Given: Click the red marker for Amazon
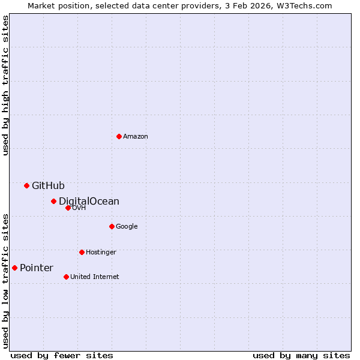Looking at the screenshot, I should pyautogui.click(x=119, y=136).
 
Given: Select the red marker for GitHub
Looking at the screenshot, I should pyautogui.click(x=26, y=185).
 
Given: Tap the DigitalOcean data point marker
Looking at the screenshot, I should pyautogui.click(x=53, y=201).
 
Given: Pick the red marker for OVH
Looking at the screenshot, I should pyautogui.click(x=68, y=208).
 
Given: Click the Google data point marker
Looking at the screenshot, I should pyautogui.click(x=112, y=226).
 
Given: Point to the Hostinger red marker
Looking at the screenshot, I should pyautogui.click(x=82, y=252).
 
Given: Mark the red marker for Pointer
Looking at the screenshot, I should pyautogui.click(x=14, y=268).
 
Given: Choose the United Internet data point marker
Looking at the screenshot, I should pyautogui.click(x=66, y=277).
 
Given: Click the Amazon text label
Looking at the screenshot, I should pyautogui.click(x=136, y=137).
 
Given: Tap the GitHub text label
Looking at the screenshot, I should pyautogui.click(x=48, y=186).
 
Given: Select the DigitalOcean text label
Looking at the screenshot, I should pyautogui.click(x=89, y=202).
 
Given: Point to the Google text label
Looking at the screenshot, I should pyautogui.click(x=127, y=227).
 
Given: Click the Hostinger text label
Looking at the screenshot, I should pyautogui.click(x=101, y=253).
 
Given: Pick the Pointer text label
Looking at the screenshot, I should pyautogui.click(x=37, y=268).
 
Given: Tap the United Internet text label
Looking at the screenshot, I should pyautogui.click(x=95, y=277).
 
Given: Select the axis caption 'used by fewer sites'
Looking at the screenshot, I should pyautogui.click(x=62, y=355).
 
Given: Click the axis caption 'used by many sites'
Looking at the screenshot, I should pyautogui.click(x=301, y=355).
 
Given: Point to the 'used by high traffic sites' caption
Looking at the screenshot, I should pyautogui.click(x=6, y=85).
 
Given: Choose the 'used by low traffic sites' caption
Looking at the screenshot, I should pyautogui.click(x=6, y=281).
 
